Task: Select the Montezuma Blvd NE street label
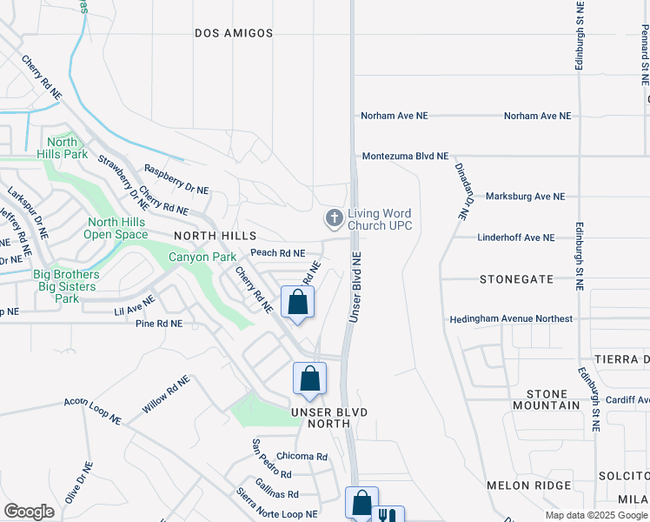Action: (405, 156)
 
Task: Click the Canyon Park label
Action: (202, 258)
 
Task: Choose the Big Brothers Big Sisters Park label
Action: (66, 286)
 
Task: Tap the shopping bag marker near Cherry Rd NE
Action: (298, 302)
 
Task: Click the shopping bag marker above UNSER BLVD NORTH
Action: (309, 378)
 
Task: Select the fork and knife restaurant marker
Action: (388, 515)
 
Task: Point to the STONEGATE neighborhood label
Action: (517, 279)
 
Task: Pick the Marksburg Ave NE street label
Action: (525, 197)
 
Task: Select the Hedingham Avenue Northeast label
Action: (511, 319)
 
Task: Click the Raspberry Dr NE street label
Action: (176, 179)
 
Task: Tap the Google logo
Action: (29, 512)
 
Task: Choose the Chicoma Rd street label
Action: (302, 457)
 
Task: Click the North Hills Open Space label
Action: (116, 228)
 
